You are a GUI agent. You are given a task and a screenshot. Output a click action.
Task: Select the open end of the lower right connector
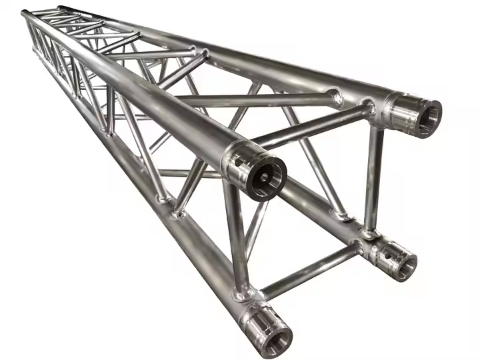pyautogui.click(x=403, y=264)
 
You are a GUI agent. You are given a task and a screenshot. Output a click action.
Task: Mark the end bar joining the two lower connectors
pyautogui.click(x=309, y=269)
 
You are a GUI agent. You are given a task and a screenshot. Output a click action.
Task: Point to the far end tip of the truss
pyautogui.click(x=27, y=13)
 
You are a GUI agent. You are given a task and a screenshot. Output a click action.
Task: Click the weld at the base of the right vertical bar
pyautogui.click(x=369, y=233)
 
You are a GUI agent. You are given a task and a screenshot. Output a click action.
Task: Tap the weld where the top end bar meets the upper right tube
pyautogui.click(x=366, y=109)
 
